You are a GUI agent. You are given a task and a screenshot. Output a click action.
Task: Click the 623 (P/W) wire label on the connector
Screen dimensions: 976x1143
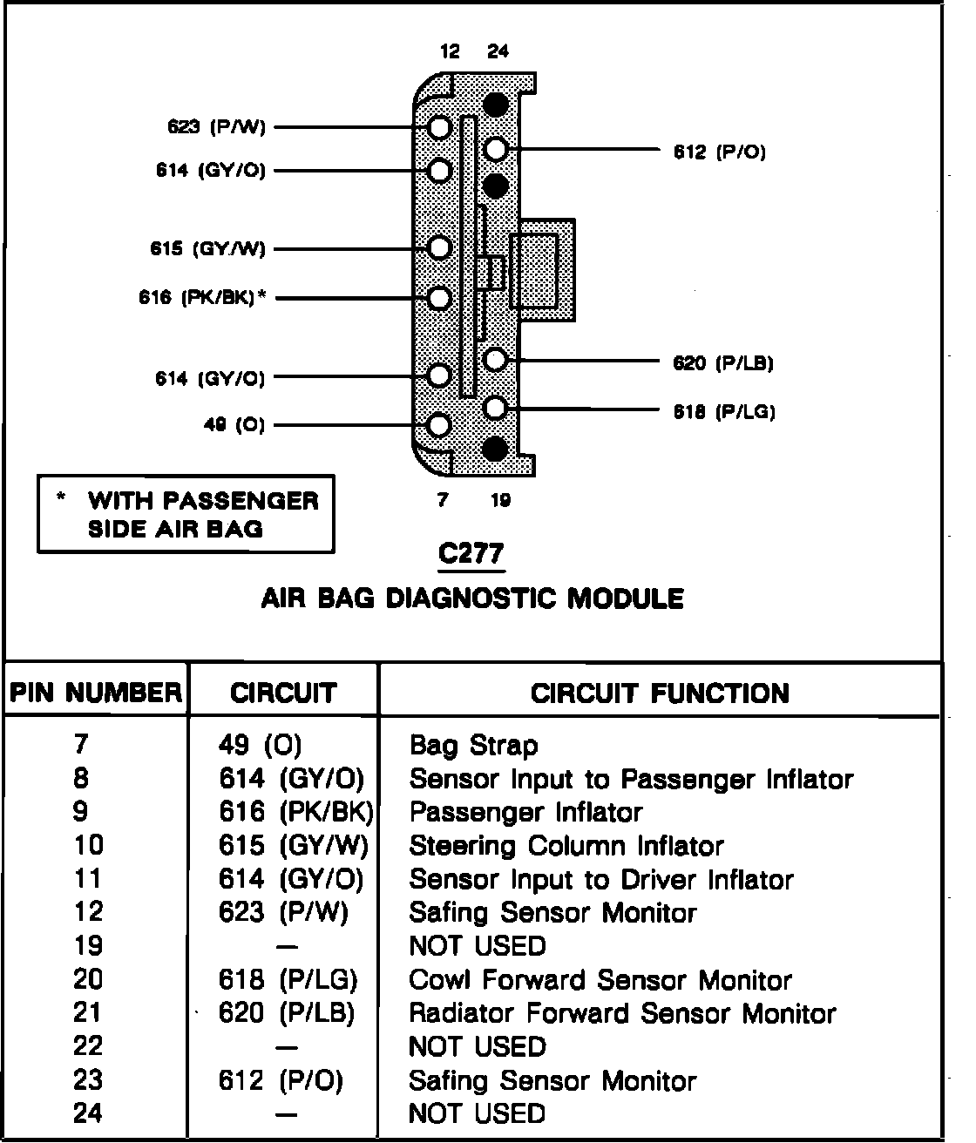216,127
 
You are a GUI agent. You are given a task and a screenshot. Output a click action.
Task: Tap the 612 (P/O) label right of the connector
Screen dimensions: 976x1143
719,152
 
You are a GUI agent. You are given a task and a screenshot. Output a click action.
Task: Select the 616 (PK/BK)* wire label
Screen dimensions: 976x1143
202,297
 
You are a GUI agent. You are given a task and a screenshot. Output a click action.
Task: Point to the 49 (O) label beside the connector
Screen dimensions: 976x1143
234,424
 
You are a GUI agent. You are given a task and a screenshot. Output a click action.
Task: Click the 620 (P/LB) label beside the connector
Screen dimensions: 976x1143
722,362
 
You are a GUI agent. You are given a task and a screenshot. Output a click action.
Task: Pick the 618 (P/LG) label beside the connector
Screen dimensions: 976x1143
723,411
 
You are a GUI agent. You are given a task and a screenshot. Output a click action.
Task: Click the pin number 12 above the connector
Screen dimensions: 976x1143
450,51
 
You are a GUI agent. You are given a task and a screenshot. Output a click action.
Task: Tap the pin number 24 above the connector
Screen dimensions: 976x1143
498,51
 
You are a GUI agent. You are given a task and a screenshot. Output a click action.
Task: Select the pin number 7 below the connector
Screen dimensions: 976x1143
442,500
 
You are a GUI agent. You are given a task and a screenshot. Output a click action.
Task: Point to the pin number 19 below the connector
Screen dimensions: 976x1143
501,500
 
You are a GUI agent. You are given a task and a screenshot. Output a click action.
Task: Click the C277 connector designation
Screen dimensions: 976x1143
471,553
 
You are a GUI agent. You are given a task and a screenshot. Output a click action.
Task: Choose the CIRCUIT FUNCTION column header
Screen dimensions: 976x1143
660,693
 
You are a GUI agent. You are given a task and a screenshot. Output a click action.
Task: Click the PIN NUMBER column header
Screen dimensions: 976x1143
96,693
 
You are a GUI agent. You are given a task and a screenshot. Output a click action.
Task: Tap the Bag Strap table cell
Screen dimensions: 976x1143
473,746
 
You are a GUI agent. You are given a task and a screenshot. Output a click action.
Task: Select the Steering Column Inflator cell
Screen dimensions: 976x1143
566,846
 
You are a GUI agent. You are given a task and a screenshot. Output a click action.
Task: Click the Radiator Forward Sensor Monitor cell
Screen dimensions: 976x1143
622,1013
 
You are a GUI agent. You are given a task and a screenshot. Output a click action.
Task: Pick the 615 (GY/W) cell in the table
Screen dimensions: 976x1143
294,846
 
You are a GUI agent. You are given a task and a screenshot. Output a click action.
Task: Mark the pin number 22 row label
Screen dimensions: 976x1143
88,1046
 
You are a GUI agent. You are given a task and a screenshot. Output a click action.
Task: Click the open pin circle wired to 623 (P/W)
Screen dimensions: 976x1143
440,128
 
